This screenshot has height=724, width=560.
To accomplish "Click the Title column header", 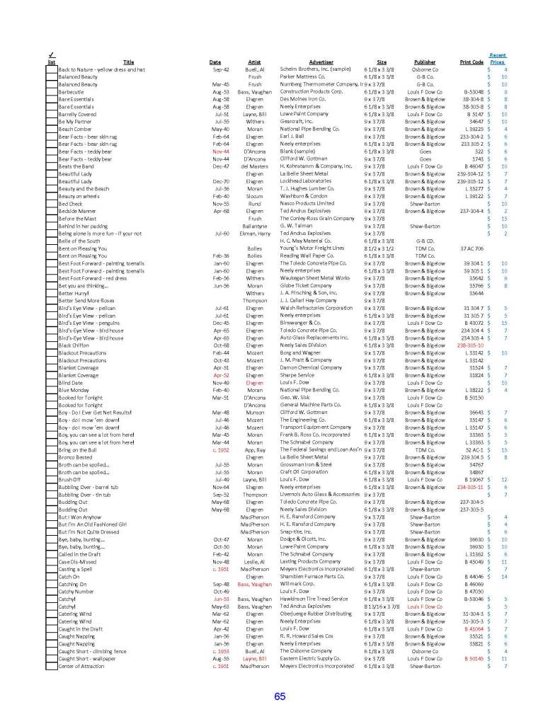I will point(128,62).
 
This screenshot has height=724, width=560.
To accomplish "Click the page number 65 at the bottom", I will point(280,696).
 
